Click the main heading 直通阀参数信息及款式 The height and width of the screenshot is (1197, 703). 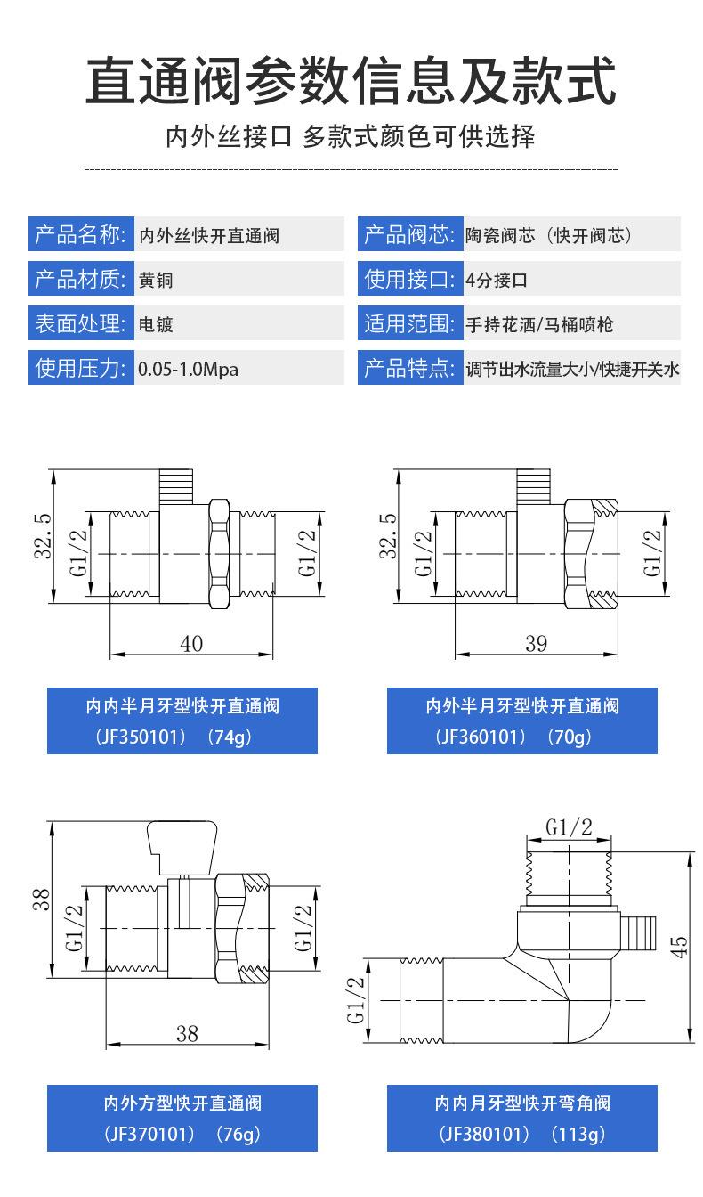[x=351, y=82]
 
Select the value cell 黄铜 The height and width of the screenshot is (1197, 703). [x=156, y=280]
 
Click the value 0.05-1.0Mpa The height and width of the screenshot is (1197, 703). [x=188, y=368]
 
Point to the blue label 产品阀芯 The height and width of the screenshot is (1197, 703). [x=408, y=236]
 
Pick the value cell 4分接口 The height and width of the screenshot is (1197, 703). [x=497, y=280]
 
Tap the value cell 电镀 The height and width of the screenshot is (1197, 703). [x=156, y=324]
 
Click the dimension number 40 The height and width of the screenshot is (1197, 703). [x=191, y=644]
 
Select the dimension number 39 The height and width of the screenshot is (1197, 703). [x=536, y=644]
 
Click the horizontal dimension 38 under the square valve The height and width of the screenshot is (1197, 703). [x=187, y=1033]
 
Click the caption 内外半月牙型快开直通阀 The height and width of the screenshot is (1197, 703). [x=521, y=706]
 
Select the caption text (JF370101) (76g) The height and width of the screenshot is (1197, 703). [x=182, y=1135]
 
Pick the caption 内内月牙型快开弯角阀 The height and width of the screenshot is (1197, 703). [x=521, y=1103]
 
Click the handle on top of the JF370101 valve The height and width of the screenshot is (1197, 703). [x=177, y=845]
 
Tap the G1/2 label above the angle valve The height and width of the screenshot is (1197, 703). [x=570, y=827]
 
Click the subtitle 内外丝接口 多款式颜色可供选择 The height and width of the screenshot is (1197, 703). [x=351, y=137]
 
